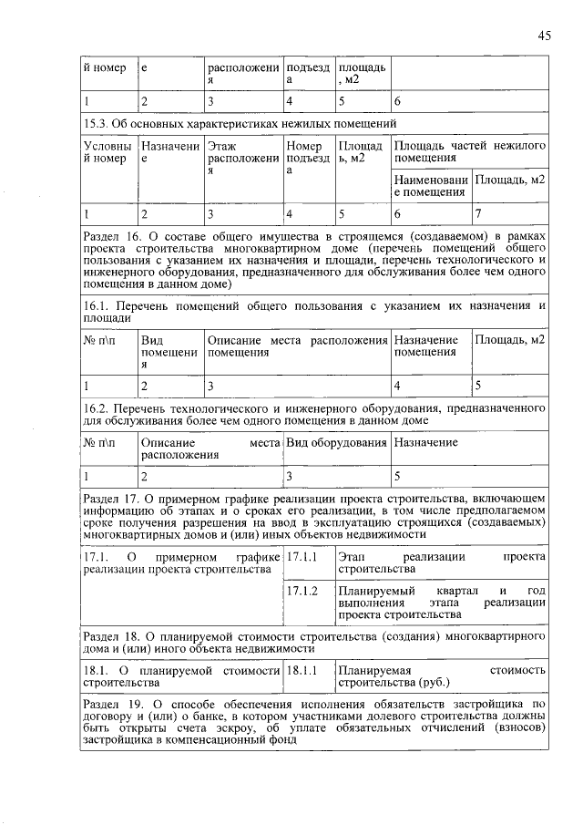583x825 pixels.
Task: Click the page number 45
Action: [544, 36]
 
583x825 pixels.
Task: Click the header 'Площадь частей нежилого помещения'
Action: [469, 152]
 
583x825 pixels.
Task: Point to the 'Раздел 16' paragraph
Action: [314, 261]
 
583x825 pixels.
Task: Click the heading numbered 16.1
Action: [314, 312]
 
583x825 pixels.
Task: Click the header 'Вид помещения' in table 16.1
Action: [169, 352]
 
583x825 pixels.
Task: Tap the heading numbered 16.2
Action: [314, 415]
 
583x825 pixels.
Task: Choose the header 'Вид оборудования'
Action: [336, 442]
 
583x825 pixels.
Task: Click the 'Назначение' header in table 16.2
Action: [425, 442]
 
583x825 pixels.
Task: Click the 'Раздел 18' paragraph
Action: [314, 643]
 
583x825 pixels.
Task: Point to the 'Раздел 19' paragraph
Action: [314, 723]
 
